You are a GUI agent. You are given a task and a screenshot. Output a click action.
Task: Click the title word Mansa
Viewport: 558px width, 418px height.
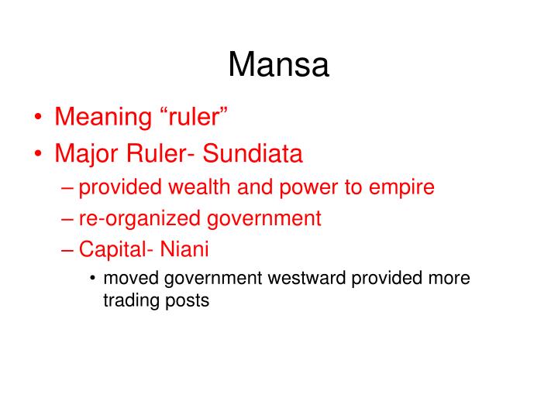coord(278,65)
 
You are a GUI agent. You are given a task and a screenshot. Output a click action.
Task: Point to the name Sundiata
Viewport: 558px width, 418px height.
coord(253,153)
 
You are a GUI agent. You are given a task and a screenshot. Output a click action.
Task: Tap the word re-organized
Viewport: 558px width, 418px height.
coord(141,218)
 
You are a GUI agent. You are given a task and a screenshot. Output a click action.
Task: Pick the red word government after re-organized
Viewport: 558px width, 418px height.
coord(265,218)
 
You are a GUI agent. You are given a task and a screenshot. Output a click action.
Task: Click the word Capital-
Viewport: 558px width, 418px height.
coord(114,249)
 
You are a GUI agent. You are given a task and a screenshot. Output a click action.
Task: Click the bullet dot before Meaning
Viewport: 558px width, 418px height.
coord(38,119)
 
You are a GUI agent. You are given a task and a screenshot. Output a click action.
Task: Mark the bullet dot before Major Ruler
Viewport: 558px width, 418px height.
coord(38,154)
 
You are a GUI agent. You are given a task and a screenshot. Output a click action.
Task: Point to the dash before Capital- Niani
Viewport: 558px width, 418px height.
coord(67,250)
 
